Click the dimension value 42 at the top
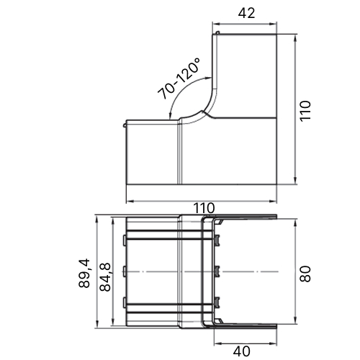click(246, 13)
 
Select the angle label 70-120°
click(179, 78)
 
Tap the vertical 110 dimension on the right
click(305, 111)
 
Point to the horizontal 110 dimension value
click(204, 208)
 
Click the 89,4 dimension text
click(84, 273)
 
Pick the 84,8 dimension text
click(105, 277)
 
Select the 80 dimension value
click(305, 274)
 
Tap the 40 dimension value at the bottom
click(242, 351)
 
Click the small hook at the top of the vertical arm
click(217, 32)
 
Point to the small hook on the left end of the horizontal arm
click(125, 125)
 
